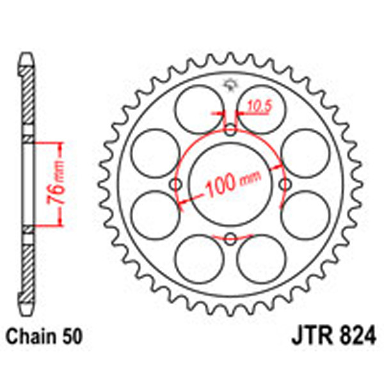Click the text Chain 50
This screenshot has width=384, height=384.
pyautogui.click(x=44, y=335)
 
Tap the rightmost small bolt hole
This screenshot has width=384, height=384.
pyautogui.click(x=285, y=184)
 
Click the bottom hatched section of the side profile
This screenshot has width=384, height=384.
pyautogui.click(x=28, y=269)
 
